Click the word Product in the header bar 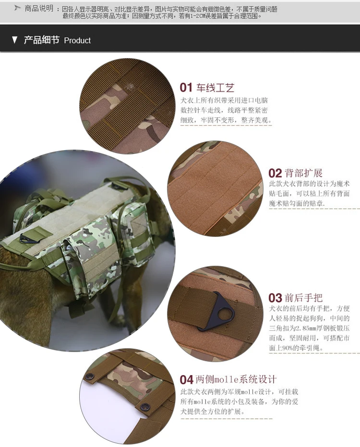coord(77,40)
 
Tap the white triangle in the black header coord(14,40)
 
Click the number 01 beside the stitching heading coord(186,87)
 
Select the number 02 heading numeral coord(275,173)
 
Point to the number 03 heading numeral coord(275,298)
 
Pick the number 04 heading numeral coord(187,380)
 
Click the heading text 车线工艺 coord(216,87)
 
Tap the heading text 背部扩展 coord(303,173)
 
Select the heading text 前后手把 coord(303,298)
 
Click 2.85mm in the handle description coord(303,328)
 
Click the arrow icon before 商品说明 coord(18,8)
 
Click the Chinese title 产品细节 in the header coord(41,40)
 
